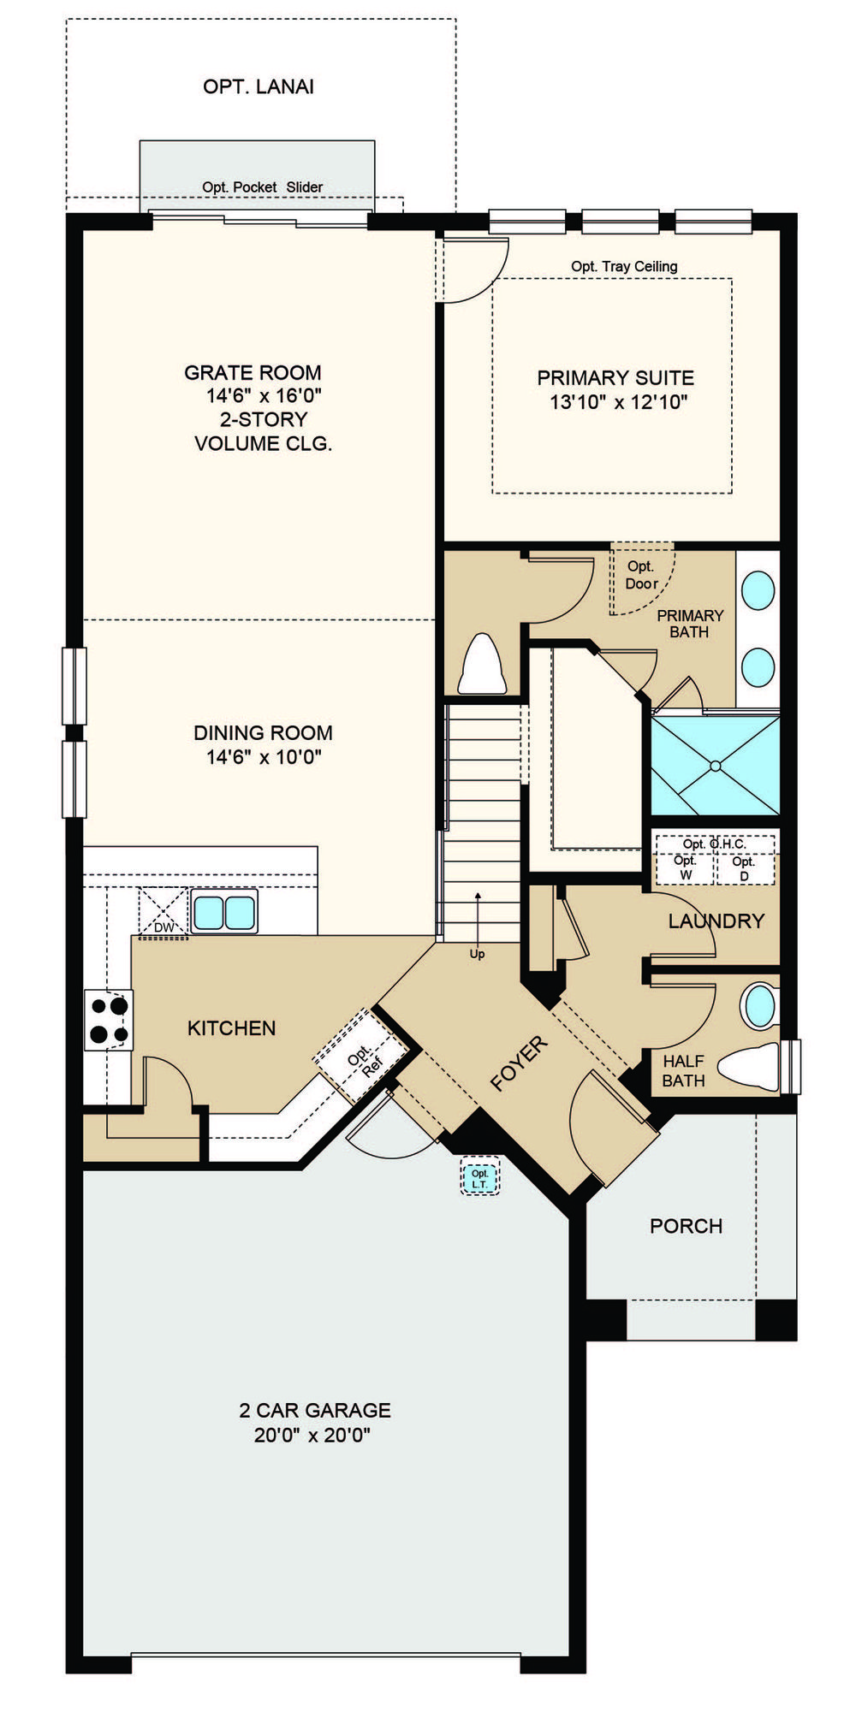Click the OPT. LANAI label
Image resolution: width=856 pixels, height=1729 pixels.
click(x=259, y=86)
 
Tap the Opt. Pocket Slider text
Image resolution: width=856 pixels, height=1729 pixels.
click(x=262, y=187)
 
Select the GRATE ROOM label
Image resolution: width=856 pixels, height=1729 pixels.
click(x=253, y=373)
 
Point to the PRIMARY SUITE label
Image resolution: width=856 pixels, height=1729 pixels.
click(x=615, y=377)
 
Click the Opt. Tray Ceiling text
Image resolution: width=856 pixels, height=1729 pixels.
click(x=624, y=266)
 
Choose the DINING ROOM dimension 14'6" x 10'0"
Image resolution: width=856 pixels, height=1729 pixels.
click(x=264, y=757)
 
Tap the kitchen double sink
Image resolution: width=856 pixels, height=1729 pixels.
click(x=224, y=912)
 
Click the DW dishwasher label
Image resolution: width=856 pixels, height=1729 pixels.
click(x=163, y=927)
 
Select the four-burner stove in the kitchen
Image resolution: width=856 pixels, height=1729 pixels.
click(x=109, y=1020)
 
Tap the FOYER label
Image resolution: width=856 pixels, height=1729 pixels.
click(x=519, y=1063)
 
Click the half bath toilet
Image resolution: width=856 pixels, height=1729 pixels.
click(x=749, y=1067)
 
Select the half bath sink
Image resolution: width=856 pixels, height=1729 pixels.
click(x=759, y=1006)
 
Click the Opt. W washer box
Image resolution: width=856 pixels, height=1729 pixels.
click(x=685, y=867)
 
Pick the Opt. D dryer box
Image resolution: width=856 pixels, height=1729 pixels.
click(x=744, y=867)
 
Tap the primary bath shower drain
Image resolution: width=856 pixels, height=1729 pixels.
click(x=716, y=766)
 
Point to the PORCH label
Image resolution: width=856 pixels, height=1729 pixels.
click(x=687, y=1226)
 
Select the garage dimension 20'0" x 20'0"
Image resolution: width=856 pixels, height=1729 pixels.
click(x=312, y=1435)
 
